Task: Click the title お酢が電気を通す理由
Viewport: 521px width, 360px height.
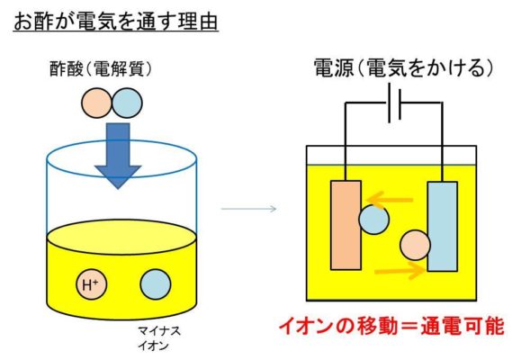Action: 116,22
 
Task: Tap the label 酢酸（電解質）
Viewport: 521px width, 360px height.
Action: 101,69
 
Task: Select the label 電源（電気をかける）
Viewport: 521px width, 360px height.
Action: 403,68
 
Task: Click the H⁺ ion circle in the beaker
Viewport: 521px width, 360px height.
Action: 92,284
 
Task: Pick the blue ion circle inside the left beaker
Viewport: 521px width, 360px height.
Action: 156,284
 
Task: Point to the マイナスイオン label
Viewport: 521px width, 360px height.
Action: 159,338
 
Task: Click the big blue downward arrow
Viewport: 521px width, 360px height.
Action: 118,156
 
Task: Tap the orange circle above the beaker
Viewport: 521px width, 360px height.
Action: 96,103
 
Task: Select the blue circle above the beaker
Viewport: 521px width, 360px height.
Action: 127,103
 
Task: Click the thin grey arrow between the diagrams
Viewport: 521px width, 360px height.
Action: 249,209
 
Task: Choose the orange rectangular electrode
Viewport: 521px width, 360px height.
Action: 346,225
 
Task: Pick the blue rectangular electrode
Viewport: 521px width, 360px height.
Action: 442,227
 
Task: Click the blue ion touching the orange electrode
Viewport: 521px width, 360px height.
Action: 373,220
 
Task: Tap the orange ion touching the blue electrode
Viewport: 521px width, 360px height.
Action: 415,246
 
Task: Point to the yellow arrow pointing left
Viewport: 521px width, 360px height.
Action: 390,200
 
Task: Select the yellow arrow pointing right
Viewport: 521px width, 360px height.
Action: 400,271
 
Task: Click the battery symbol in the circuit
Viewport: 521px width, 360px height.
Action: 394,103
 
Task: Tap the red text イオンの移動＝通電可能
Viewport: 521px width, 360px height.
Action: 391,327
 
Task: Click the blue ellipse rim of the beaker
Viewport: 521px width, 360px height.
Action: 121,177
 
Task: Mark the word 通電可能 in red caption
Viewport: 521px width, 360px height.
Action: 463,327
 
